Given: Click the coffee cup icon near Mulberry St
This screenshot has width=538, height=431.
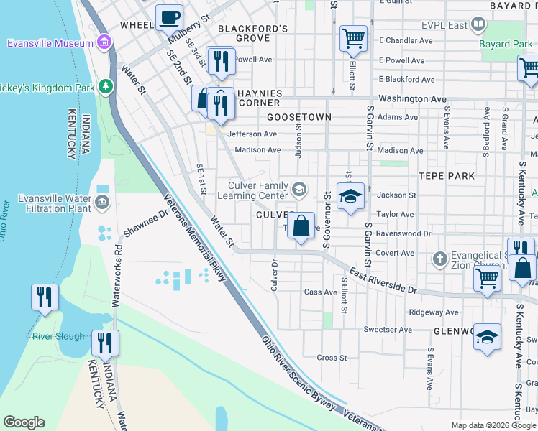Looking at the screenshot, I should coord(170,17).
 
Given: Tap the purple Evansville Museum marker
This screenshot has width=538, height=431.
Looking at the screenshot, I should coord(105,41).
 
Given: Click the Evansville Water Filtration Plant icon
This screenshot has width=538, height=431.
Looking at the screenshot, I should coord(102,202).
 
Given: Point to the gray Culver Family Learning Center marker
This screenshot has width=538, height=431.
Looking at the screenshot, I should coord(299,190).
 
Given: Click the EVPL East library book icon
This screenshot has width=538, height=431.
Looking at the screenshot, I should coord(478,26).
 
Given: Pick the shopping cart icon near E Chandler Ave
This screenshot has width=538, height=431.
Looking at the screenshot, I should coord(353,38).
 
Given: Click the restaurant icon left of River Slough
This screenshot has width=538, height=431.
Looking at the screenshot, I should coord(45,296).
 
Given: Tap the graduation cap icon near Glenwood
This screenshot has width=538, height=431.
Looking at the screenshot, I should coord(487,337).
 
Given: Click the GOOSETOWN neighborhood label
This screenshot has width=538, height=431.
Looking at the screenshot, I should coord(298,116).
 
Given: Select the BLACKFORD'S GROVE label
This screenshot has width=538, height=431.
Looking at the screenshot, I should coord(243,33).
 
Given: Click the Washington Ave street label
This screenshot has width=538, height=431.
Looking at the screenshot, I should coord(412,98).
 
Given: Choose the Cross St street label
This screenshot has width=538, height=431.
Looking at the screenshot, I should coord(332,357).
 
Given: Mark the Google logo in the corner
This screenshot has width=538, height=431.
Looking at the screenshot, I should coord(24,422).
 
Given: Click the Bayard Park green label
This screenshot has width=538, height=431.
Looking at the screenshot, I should coord(506,44).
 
